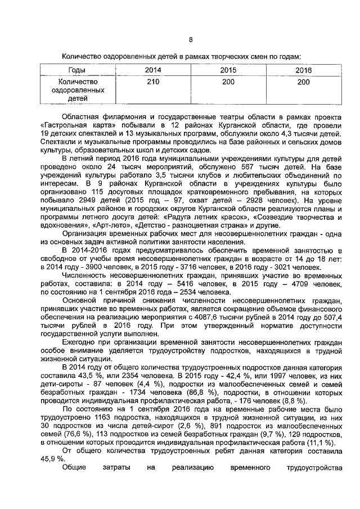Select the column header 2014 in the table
pyautogui.click(x=152, y=70)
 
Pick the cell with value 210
pyautogui.click(x=152, y=82)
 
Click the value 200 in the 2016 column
pyautogui.click(x=303, y=82)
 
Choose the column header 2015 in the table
pyautogui.click(x=228, y=70)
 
